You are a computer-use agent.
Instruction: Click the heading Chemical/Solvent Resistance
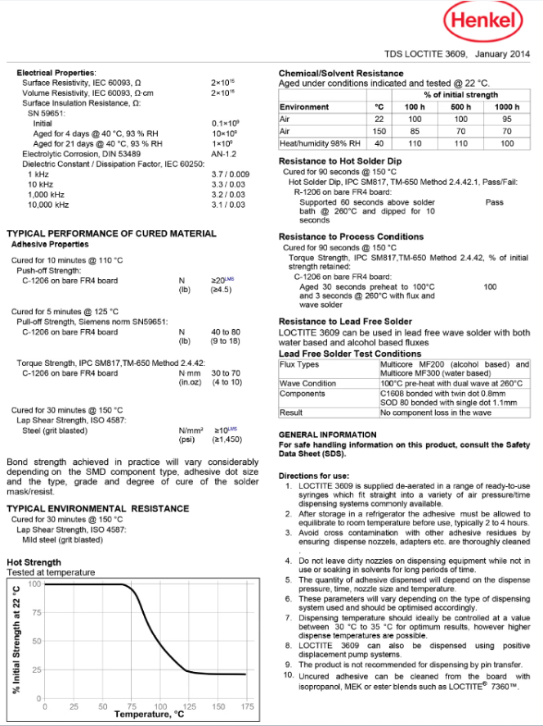tap(341, 73)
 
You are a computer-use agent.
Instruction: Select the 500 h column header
tap(461, 107)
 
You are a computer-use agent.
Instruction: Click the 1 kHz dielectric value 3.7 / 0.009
tap(230, 174)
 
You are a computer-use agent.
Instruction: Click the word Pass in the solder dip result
tap(494, 201)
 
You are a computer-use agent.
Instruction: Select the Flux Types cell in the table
tap(299, 364)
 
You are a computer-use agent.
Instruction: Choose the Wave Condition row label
tap(307, 383)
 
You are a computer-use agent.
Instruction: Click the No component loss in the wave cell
tap(436, 413)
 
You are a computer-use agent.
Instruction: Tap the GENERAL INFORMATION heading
tap(328, 435)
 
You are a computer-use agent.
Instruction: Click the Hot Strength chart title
tap(34, 562)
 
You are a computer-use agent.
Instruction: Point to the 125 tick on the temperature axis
tap(190, 706)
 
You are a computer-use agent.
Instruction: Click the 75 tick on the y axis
tap(36, 612)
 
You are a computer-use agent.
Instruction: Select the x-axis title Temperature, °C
tap(144, 715)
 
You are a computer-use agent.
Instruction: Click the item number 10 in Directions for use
tap(287, 674)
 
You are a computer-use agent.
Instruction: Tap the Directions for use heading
tap(314, 476)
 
